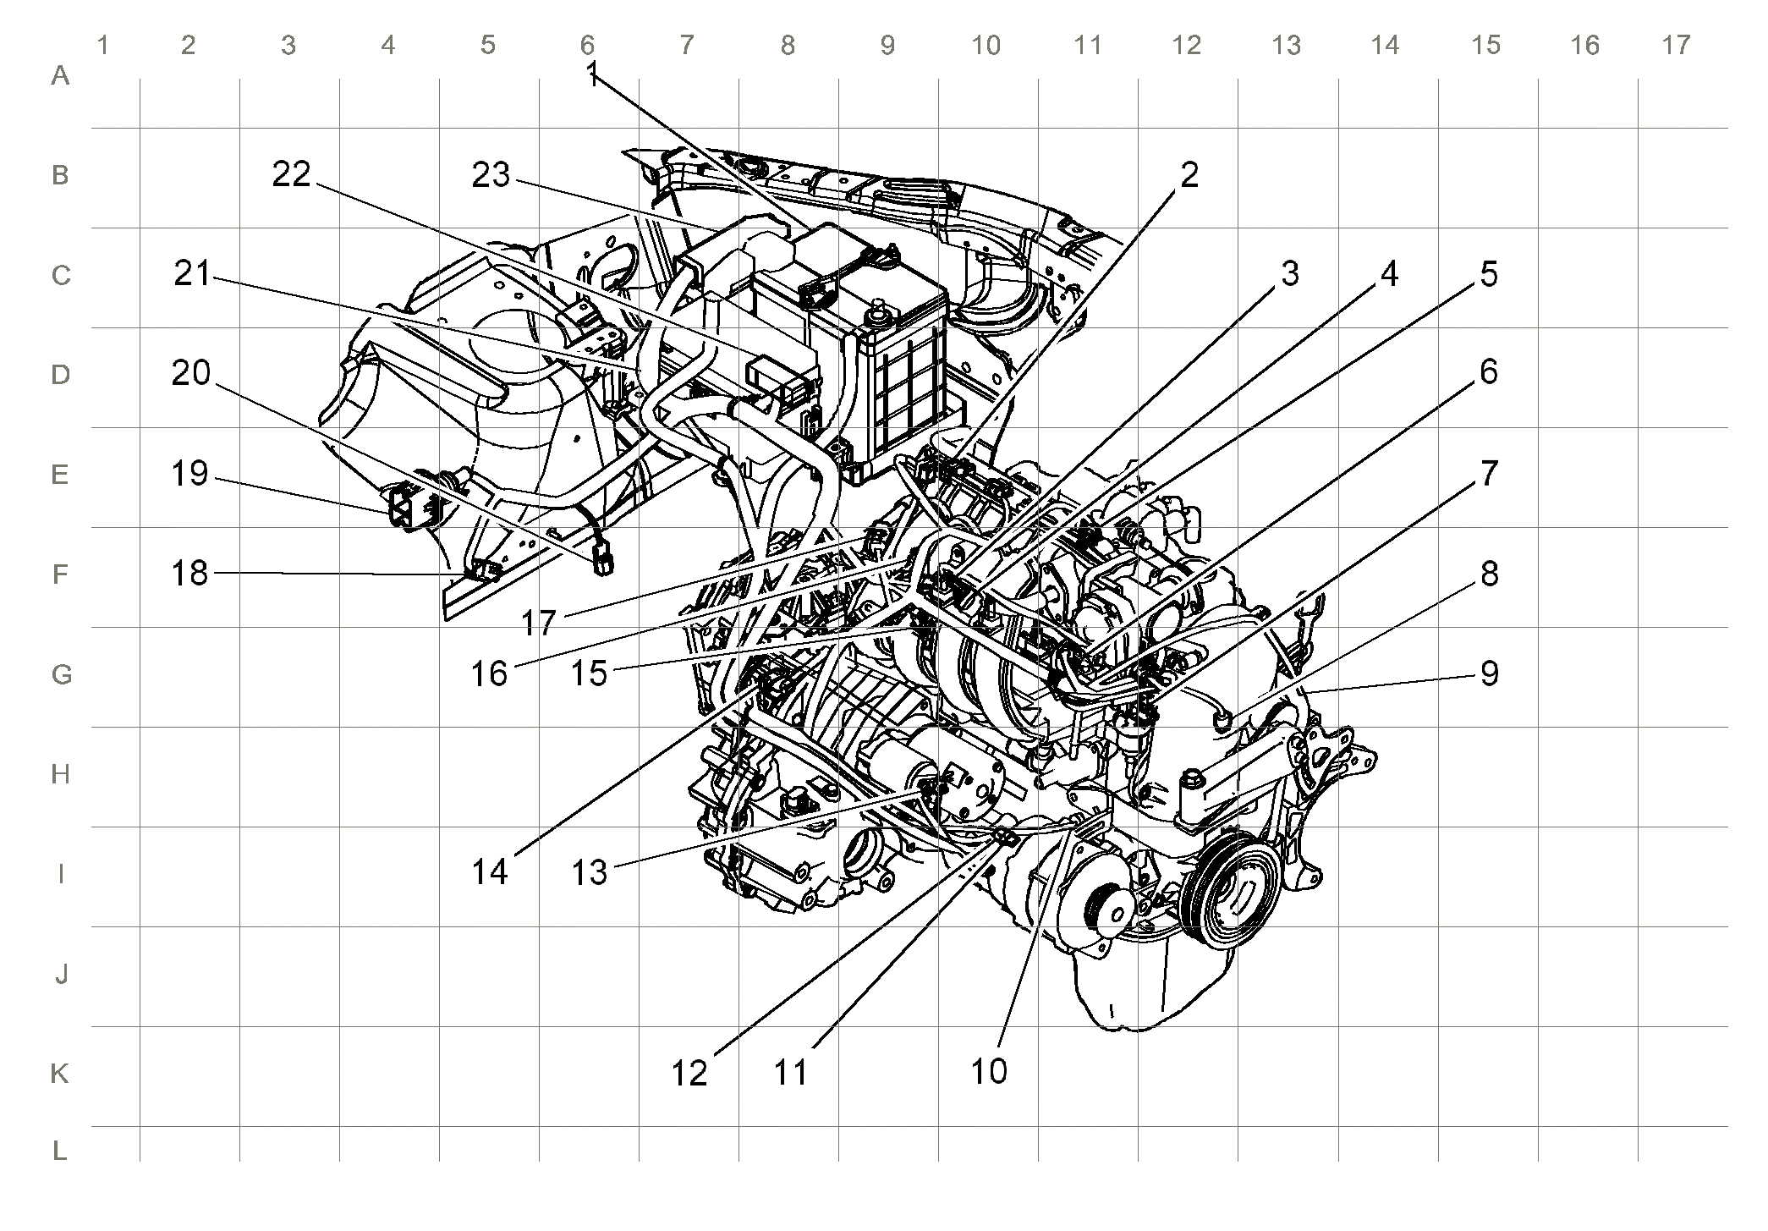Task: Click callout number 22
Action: [292, 174]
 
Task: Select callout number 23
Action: [491, 175]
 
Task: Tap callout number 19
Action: [189, 474]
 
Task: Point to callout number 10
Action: [989, 1071]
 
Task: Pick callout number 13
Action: [590, 872]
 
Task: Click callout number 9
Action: [1489, 673]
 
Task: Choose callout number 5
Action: [1489, 274]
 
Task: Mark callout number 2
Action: [1189, 175]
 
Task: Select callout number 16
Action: [490, 674]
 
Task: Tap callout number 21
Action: [192, 274]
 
